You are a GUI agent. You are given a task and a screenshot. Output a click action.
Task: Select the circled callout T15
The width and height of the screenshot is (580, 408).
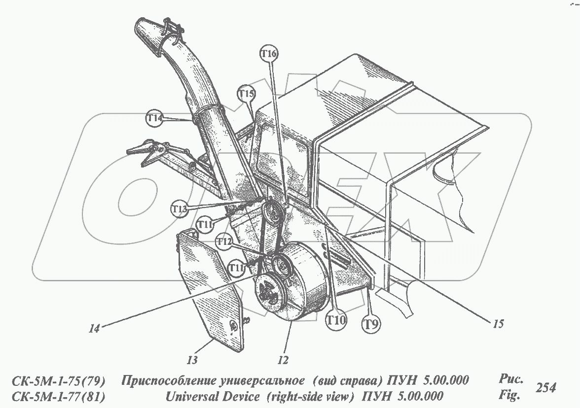[246, 94]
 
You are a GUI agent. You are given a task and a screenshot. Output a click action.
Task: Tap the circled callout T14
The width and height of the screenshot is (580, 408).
[154, 118]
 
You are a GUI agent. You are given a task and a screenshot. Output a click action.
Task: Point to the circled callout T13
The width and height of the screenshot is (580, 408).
[180, 209]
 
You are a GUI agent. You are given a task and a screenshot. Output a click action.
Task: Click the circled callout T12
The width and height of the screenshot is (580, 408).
[224, 242]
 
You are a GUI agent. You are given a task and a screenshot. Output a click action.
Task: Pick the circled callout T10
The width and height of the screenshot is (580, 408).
[336, 320]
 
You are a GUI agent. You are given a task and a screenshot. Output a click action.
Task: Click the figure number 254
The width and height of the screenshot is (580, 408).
[545, 388]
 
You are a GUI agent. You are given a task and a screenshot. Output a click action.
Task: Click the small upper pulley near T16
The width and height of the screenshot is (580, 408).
[271, 211]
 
